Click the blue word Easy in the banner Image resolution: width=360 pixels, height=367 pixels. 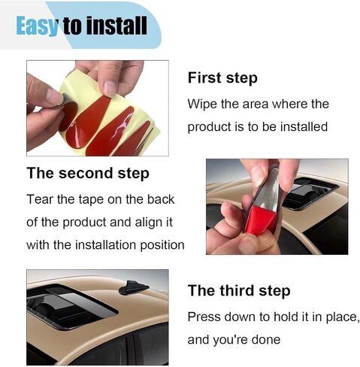37,26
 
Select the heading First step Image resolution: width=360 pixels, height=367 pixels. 222,78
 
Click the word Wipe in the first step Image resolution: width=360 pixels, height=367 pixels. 202,105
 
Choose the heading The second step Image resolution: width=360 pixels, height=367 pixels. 88,173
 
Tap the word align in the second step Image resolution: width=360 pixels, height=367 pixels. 147,223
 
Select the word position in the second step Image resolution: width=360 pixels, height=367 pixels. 162,245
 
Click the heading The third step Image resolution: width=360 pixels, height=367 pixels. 239,291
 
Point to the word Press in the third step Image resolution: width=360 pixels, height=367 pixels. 204,317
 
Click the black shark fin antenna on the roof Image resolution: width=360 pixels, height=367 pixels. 134,288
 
